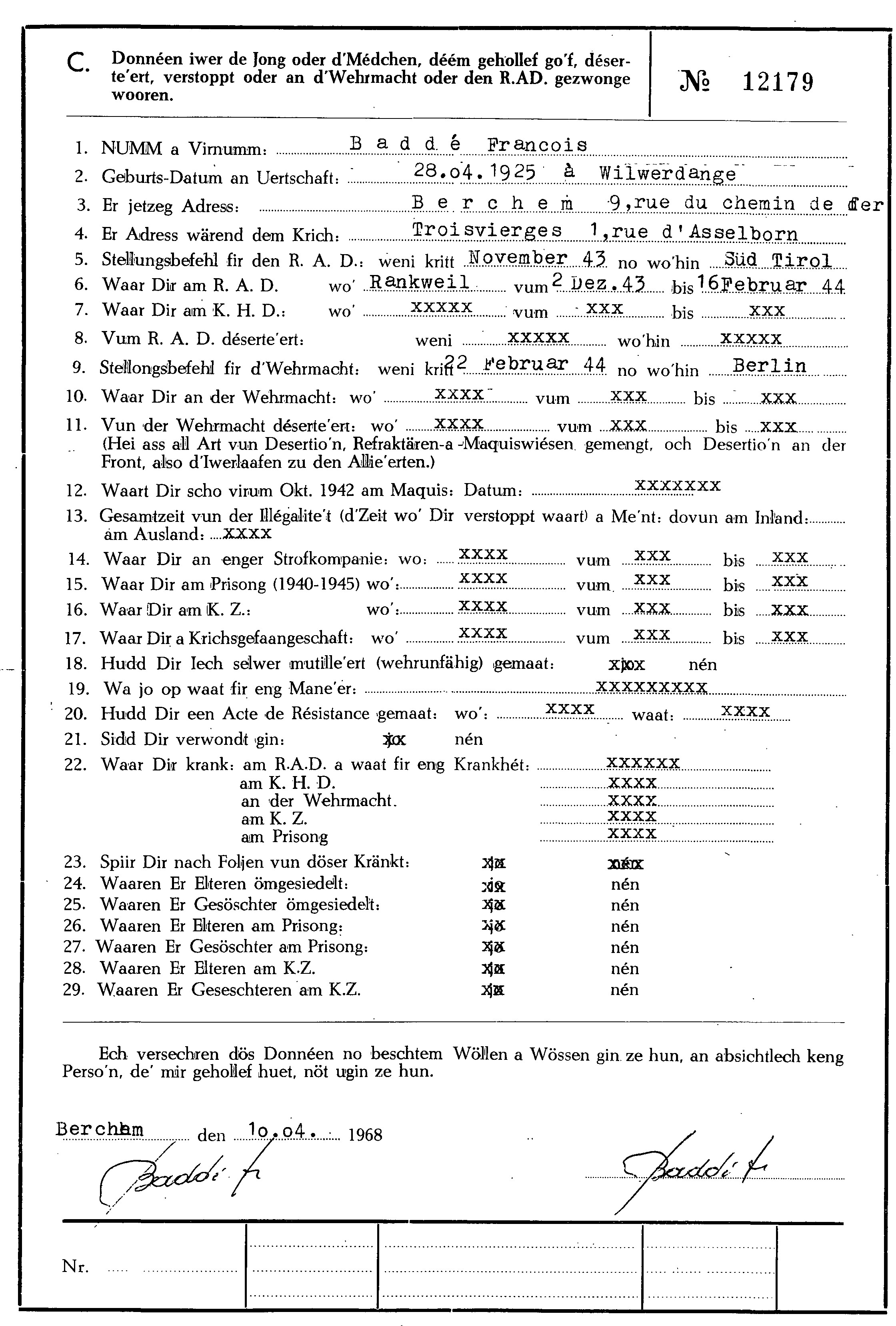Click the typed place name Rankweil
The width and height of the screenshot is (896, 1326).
[420, 282]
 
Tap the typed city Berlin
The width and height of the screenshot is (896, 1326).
[769, 366]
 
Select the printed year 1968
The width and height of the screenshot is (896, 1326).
[365, 1135]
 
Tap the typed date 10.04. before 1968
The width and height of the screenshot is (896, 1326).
[282, 1130]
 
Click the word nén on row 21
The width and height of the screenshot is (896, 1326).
[468, 740]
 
